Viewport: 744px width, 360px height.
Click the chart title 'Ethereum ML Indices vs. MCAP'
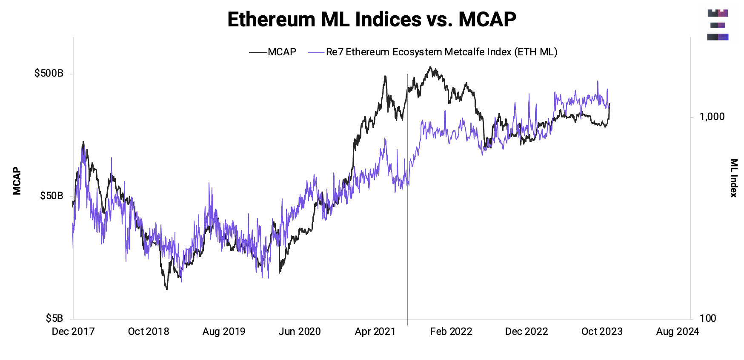pyautogui.click(x=372, y=20)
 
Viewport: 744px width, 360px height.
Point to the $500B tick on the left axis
pyautogui.click(x=49, y=73)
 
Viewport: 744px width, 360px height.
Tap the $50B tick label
pyautogui.click(x=52, y=196)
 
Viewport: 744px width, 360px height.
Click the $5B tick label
pyautogui.click(x=54, y=318)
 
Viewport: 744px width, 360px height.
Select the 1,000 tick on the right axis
pyautogui.click(x=712, y=117)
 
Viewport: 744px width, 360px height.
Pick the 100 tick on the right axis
pyautogui.click(x=708, y=318)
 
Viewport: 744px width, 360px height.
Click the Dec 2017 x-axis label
pyautogui.click(x=73, y=331)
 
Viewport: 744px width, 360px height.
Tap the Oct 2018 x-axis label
pyautogui.click(x=149, y=331)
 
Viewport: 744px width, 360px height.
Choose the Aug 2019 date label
pyautogui.click(x=224, y=331)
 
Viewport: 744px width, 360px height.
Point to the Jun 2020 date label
pyautogui.click(x=300, y=331)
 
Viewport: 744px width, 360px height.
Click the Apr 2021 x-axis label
pyautogui.click(x=375, y=331)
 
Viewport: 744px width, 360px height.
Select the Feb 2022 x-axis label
pyautogui.click(x=451, y=331)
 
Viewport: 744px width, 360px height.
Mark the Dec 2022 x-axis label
pyautogui.click(x=527, y=331)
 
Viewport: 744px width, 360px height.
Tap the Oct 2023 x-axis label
pyautogui.click(x=602, y=331)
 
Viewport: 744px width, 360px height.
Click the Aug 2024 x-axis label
pyautogui.click(x=678, y=331)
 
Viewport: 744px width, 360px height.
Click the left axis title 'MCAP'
pyautogui.click(x=17, y=181)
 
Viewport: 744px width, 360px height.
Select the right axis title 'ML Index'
pyautogui.click(x=734, y=178)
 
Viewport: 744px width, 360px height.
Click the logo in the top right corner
pyautogui.click(x=718, y=25)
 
